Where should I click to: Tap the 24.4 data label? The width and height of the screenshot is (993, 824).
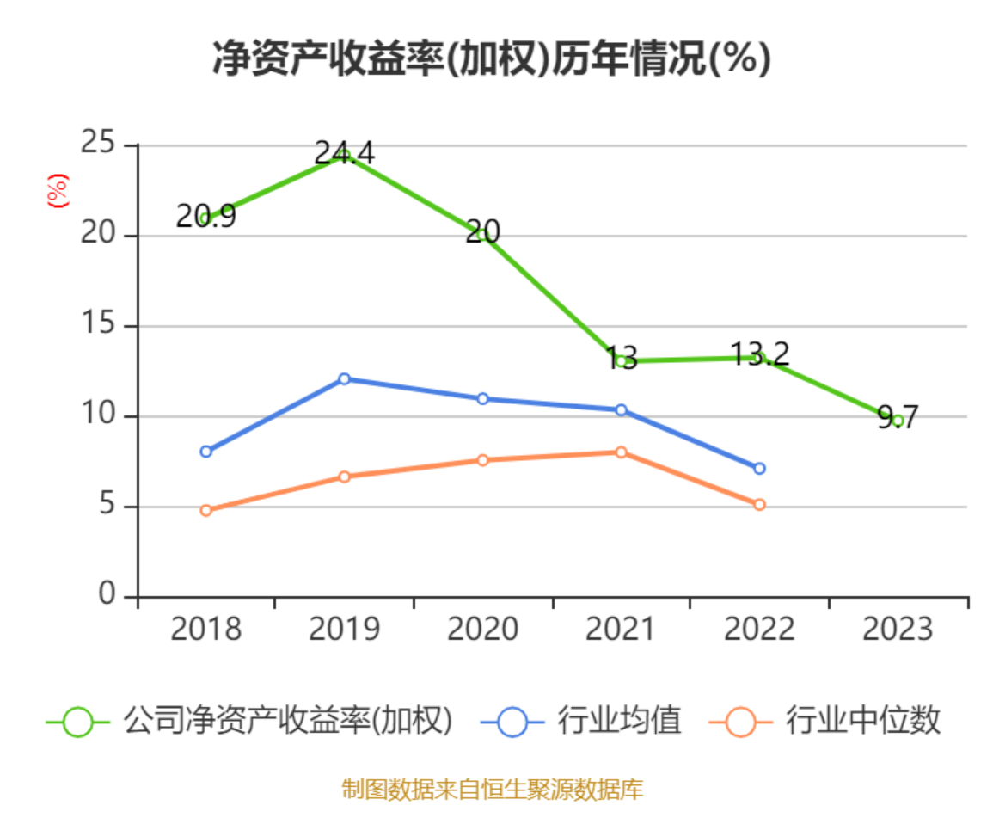tap(344, 154)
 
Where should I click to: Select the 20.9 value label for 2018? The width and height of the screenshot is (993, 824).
tap(205, 217)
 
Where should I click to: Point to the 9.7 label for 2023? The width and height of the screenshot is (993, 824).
tap(898, 418)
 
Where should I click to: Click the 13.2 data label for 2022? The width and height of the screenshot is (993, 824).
tap(760, 354)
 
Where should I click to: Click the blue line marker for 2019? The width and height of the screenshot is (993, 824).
tap(344, 378)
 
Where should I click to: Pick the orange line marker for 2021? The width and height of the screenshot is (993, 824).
tap(621, 452)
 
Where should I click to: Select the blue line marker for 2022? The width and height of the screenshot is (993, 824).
tap(759, 468)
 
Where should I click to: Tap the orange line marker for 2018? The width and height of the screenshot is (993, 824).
tap(205, 510)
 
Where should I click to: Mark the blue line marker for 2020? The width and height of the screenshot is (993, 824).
tap(482, 398)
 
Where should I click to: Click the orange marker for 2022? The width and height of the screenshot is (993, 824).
tap(759, 504)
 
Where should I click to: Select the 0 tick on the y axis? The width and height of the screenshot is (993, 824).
tap(107, 594)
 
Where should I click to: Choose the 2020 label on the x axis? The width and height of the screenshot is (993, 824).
tap(482, 630)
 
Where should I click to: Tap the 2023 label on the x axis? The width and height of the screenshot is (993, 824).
tap(898, 630)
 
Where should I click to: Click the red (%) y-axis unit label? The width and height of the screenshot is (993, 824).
tap(57, 191)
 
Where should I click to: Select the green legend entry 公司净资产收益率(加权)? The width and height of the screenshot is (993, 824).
tap(249, 721)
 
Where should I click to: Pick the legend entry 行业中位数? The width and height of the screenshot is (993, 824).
tap(825, 721)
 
